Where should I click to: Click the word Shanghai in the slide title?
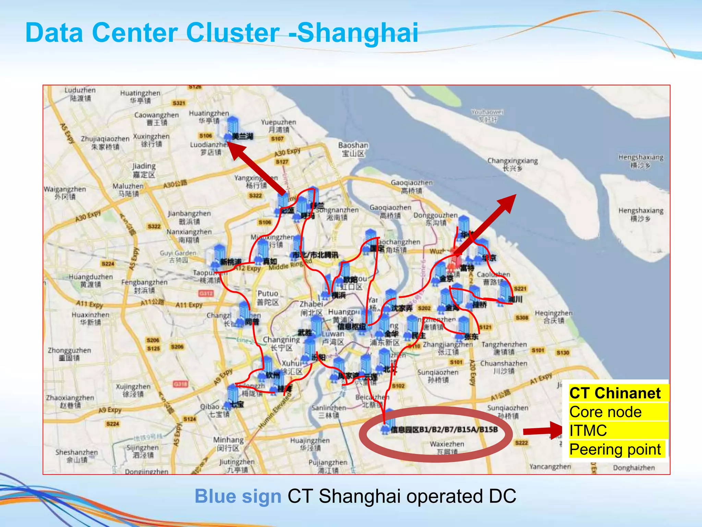point(357,33)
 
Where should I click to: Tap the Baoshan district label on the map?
point(353,149)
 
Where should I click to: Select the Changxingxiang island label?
point(512,164)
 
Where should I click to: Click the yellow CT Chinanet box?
point(615,393)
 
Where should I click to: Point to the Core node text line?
point(605,412)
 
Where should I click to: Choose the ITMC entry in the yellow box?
point(588,431)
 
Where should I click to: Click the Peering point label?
point(615,449)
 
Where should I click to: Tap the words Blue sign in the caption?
point(238,496)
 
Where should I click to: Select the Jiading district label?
point(144,170)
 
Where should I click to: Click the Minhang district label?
point(228,444)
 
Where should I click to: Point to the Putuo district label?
point(268,297)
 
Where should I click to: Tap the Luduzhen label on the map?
point(80,94)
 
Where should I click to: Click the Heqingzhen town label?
point(554,316)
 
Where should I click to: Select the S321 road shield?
point(179,103)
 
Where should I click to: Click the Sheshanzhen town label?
point(76,456)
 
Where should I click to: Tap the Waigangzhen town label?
point(65,192)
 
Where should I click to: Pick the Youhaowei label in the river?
point(487,115)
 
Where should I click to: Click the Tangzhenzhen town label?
point(504,348)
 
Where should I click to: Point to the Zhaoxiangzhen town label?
point(70,401)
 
